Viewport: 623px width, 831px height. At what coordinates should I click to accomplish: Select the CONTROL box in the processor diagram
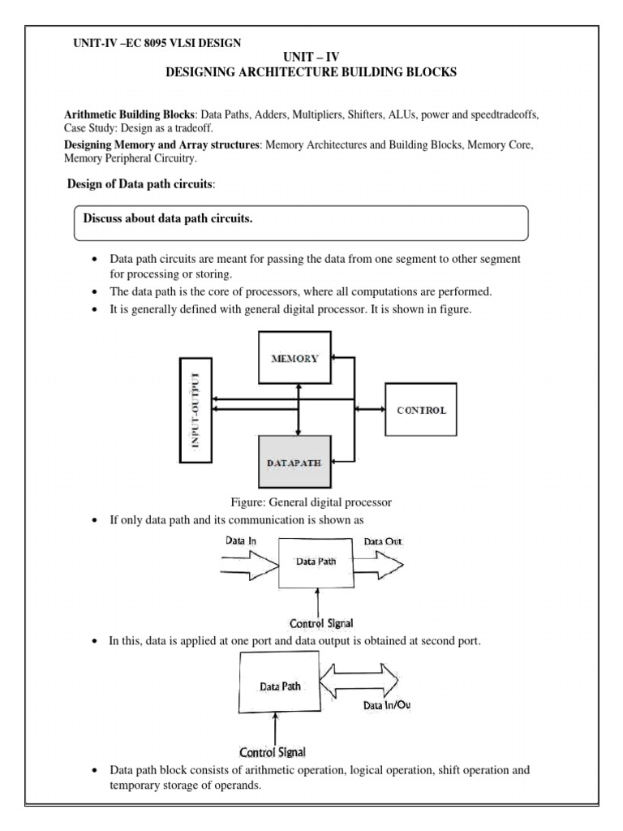click(421, 410)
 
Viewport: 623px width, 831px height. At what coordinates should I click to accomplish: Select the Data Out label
click(383, 540)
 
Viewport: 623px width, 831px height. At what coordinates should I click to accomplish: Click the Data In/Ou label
click(386, 705)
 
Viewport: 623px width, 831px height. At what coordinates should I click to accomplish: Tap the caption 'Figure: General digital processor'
click(311, 502)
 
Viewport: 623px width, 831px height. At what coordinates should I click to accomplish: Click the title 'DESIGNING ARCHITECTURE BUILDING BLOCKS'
click(311, 72)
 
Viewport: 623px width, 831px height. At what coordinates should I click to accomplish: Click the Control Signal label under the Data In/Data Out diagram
click(322, 623)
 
